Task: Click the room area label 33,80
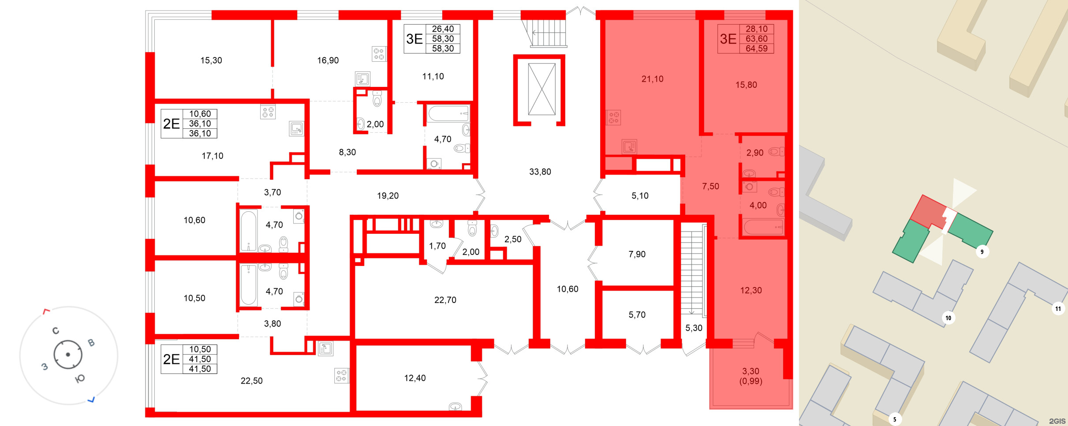coord(540,172)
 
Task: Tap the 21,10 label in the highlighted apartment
coord(652,79)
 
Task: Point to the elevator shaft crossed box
coord(541,89)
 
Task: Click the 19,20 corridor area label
coord(388,196)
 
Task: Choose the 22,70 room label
coord(445,300)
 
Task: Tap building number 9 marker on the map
coord(982,252)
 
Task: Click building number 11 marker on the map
coord(1058,309)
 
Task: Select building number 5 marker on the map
coord(894,419)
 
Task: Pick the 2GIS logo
coord(1057,421)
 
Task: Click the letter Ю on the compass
coord(80,379)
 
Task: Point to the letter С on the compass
coord(56,331)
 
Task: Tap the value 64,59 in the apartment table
coord(756,49)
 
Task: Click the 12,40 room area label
coord(415,378)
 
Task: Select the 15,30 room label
coord(211,60)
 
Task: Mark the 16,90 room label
coord(328,60)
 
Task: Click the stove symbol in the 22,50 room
coord(341,376)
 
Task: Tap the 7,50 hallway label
coord(710,187)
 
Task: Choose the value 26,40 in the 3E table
coord(443,29)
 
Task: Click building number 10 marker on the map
coord(948,318)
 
